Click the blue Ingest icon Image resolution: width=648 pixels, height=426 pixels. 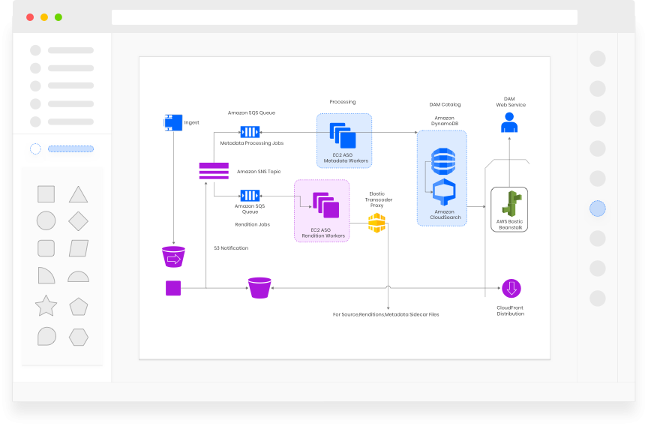(x=173, y=122)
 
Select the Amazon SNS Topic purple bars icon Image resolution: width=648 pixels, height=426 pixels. (x=214, y=171)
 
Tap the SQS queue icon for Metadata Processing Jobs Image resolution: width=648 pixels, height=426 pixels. (x=250, y=132)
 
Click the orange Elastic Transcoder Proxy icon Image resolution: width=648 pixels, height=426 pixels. (x=376, y=223)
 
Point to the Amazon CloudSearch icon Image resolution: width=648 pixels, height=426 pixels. (x=443, y=193)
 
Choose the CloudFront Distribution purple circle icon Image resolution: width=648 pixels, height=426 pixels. (x=511, y=288)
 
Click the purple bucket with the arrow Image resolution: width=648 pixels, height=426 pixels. (x=173, y=257)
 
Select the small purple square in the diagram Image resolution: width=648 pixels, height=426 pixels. (x=173, y=288)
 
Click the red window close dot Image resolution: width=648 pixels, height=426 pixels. (x=30, y=17)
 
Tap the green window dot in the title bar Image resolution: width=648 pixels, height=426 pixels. (x=58, y=17)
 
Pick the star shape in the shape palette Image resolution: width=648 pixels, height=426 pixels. (x=46, y=306)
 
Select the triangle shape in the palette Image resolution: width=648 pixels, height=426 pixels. (x=78, y=195)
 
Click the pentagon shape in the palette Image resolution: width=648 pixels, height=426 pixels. (x=78, y=306)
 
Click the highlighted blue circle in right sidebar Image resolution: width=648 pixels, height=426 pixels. (x=597, y=208)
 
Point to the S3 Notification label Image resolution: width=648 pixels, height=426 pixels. (x=231, y=248)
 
